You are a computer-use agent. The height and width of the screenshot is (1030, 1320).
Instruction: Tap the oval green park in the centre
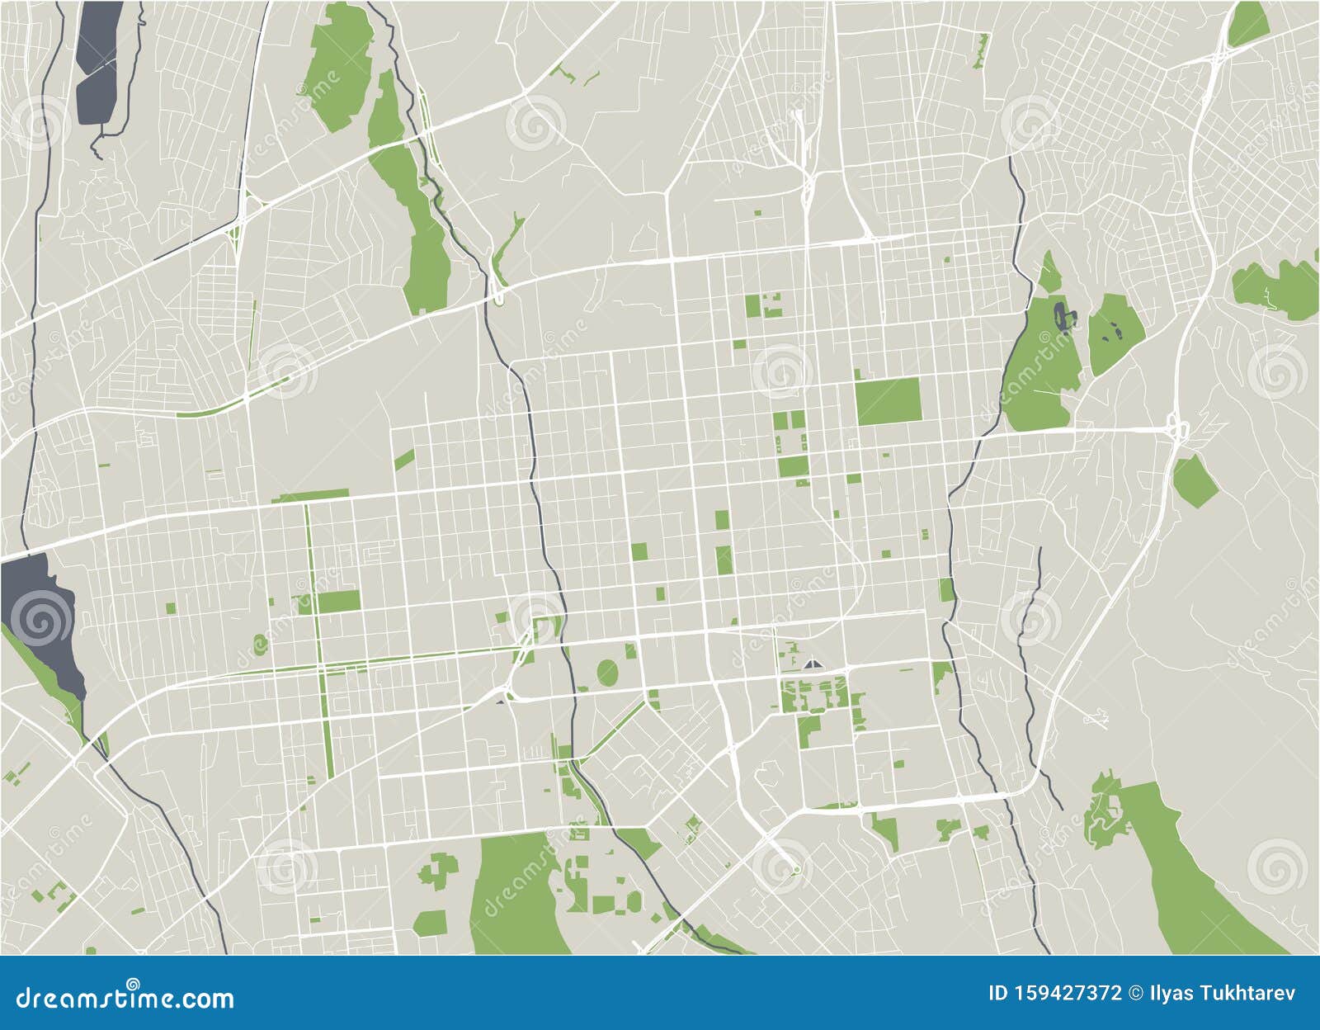(607, 672)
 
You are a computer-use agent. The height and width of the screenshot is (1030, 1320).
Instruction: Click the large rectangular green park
(888, 401)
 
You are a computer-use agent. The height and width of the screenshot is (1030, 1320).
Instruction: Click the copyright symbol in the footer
(1139, 993)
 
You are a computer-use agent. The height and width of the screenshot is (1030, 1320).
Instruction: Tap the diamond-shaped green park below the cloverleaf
(1195, 480)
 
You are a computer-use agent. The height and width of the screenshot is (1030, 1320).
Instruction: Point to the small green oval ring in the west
(261, 642)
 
